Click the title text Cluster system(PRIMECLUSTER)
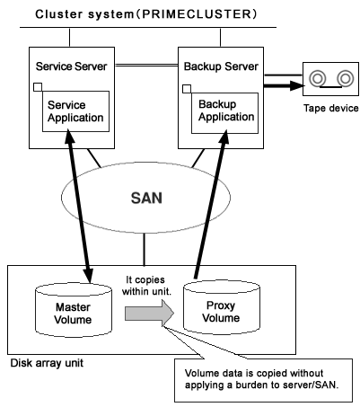click(146, 14)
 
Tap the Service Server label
click(71, 66)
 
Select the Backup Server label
click(221, 66)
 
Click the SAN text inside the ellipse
click(146, 198)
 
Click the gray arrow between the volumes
click(149, 314)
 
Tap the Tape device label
click(331, 108)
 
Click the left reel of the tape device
click(318, 79)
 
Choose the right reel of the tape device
click(346, 78)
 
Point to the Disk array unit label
click(47, 363)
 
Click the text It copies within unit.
click(146, 286)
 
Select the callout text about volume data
click(261, 379)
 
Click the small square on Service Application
click(38, 87)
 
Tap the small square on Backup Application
click(187, 89)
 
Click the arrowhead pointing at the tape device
click(297, 85)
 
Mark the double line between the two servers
click(146, 65)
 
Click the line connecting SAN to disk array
click(145, 249)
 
